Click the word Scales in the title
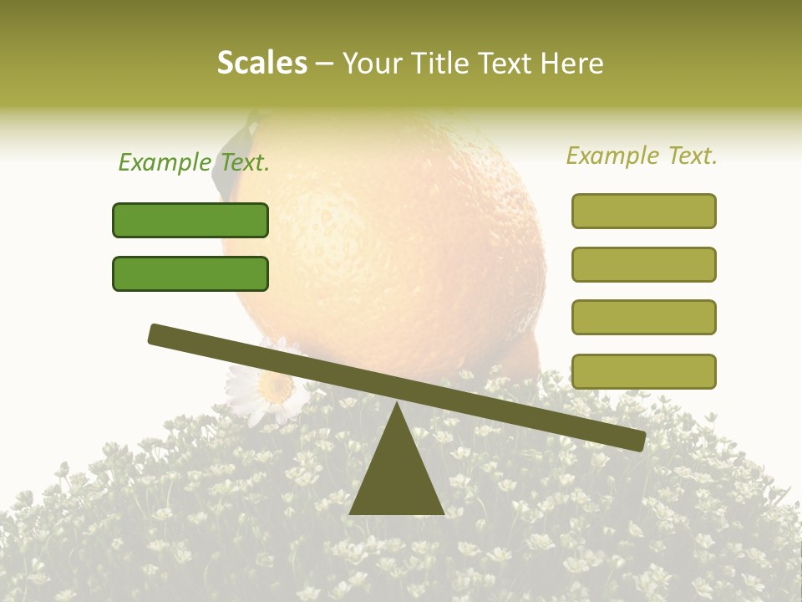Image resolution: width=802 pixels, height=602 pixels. tap(262, 63)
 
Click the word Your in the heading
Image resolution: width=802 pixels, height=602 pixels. tap(373, 63)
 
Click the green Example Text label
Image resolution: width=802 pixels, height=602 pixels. tap(194, 163)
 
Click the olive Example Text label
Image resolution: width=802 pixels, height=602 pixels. tap(642, 156)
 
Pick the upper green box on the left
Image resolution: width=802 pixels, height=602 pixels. tap(190, 220)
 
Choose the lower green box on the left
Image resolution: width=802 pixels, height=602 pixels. tap(190, 273)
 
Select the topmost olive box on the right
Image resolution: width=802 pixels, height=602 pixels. tap(644, 211)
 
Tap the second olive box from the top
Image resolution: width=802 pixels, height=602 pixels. tap(644, 264)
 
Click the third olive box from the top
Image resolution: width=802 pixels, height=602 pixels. tap(644, 317)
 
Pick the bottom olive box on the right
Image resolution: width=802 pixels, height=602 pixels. tap(644, 371)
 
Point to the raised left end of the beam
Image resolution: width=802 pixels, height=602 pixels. tap(158, 334)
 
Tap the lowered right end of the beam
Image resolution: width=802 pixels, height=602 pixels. tap(636, 440)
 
